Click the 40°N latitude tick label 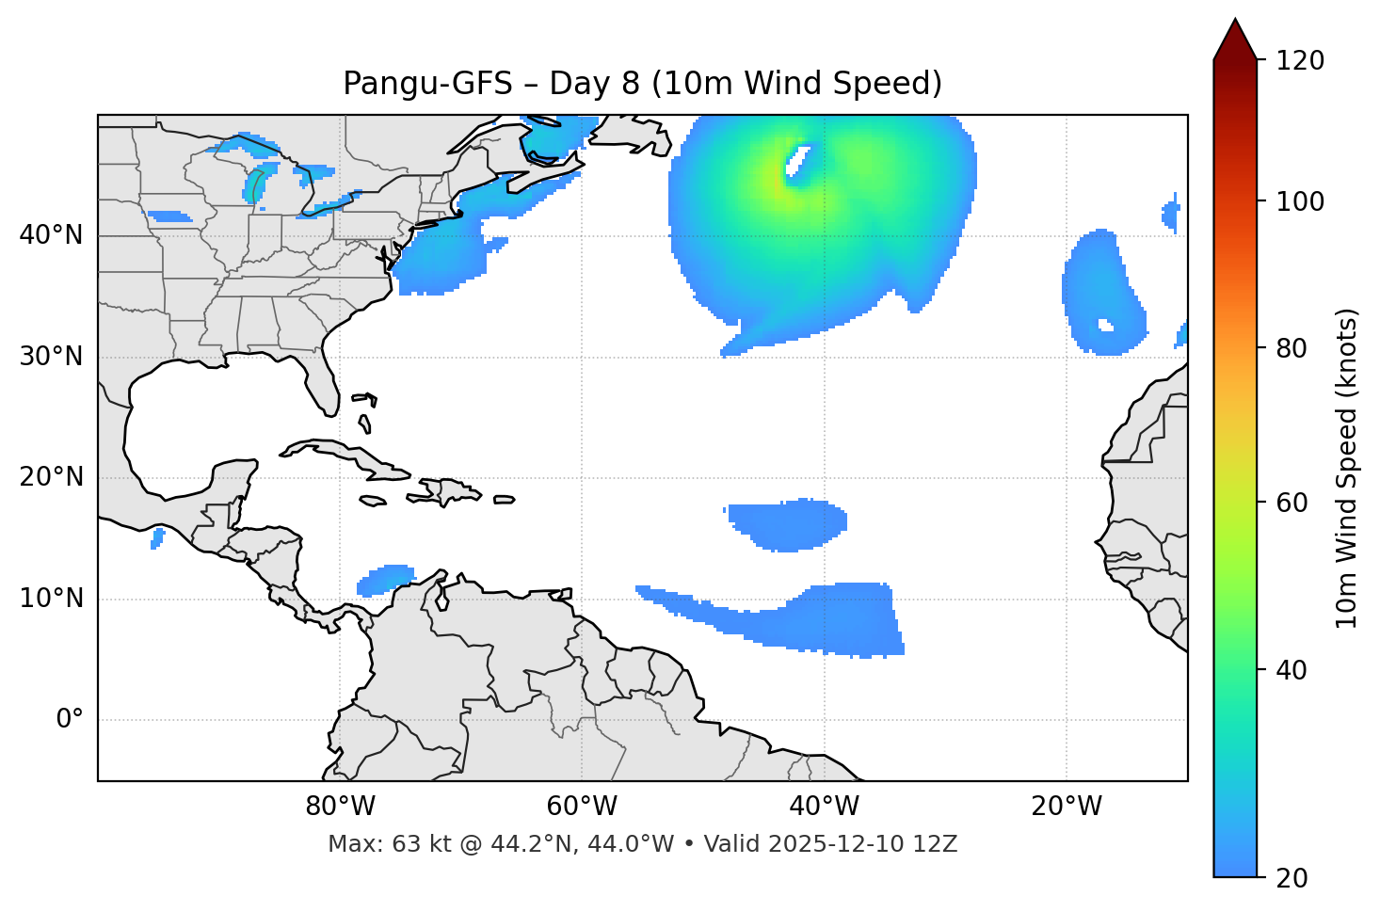click(x=51, y=235)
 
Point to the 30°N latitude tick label click(x=51, y=357)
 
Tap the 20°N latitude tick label click(x=51, y=477)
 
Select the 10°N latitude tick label click(x=51, y=599)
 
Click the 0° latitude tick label click(x=70, y=720)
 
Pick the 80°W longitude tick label click(x=340, y=807)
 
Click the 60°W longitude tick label click(x=582, y=807)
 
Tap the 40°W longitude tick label click(x=824, y=807)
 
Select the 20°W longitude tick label click(x=1067, y=807)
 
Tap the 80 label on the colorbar click(x=1292, y=348)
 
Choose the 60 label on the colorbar click(x=1292, y=503)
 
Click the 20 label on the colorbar click(x=1292, y=878)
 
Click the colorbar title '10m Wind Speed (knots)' click(x=1347, y=468)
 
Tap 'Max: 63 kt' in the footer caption click(x=377, y=844)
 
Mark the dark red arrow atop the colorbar click(x=1235, y=40)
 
